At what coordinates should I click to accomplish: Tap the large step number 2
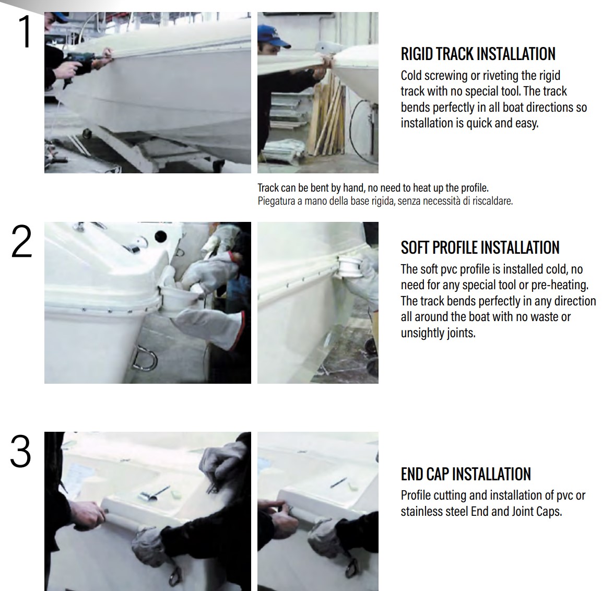[21, 242]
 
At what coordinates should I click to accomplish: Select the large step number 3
[20, 451]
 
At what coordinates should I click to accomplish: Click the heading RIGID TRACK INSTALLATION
[478, 54]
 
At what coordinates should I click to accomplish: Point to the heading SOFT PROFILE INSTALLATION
[480, 247]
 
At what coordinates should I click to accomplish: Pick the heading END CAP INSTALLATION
[466, 474]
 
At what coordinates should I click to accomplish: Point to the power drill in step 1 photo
[80, 63]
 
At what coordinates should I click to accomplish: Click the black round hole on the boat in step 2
[161, 237]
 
